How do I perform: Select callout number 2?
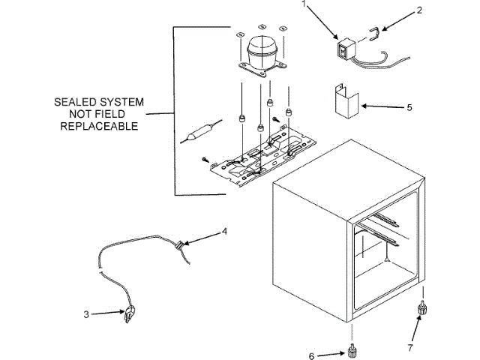[419, 10]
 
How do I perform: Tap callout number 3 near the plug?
[86, 315]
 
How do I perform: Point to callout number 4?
[224, 231]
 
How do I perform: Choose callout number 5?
[409, 107]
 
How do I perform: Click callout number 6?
[312, 355]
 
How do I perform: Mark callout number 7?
[410, 348]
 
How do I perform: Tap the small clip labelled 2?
[373, 31]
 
